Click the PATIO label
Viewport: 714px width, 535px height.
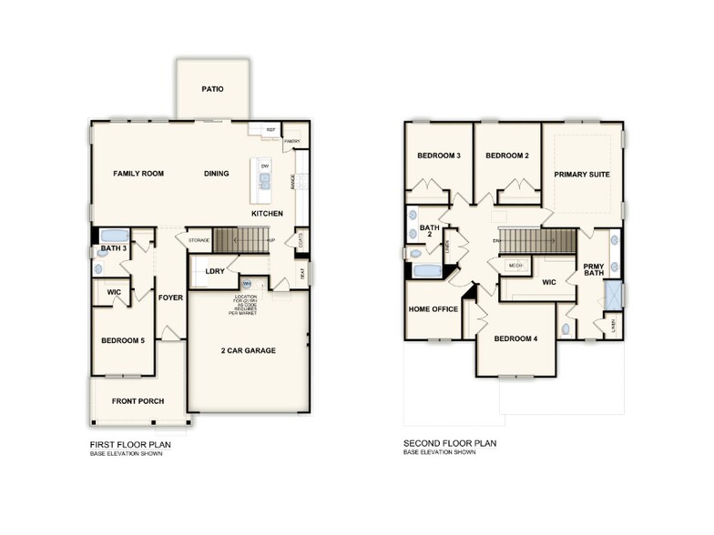pos(212,89)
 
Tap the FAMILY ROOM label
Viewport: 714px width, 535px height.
pos(138,173)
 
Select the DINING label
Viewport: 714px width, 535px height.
pos(216,173)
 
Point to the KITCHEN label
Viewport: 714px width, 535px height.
pos(268,214)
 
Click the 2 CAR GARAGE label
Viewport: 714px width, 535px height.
pos(248,350)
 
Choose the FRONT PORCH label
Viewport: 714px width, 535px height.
pos(137,401)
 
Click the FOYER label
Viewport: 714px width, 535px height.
pos(170,298)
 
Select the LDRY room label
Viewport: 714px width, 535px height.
pos(215,271)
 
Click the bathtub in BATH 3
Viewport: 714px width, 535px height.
pos(114,235)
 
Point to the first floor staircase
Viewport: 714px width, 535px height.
pos(244,240)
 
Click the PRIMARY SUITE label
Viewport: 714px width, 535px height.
pos(582,174)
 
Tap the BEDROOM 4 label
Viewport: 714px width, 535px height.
pos(515,338)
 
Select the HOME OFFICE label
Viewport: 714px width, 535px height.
pos(433,309)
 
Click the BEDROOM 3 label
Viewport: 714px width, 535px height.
pos(439,156)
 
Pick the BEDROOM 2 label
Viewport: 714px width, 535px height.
pos(507,156)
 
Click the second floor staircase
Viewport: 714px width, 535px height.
pos(539,241)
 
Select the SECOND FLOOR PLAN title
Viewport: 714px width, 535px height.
pos(449,445)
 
